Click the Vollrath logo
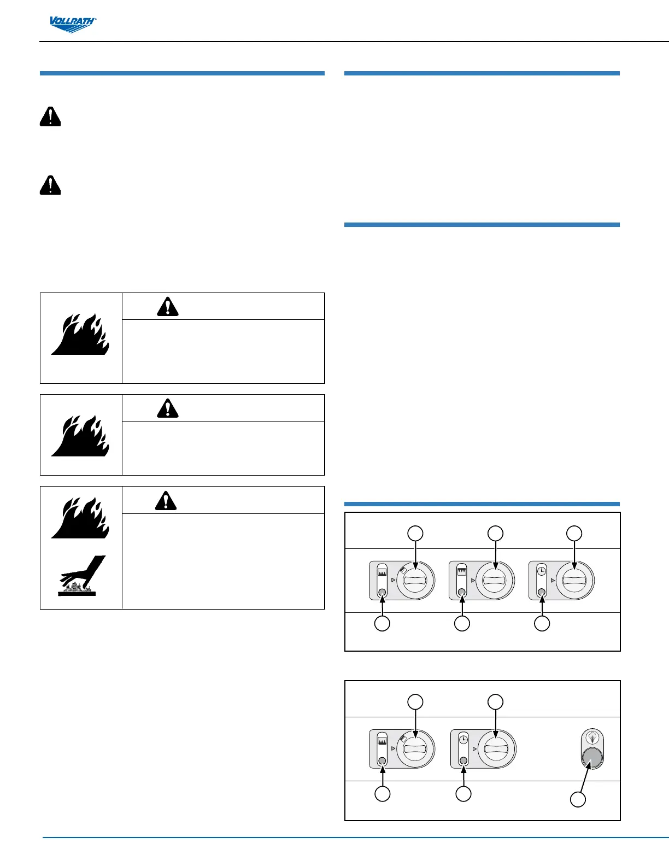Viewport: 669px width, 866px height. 73,24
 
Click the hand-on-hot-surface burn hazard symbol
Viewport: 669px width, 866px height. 81,575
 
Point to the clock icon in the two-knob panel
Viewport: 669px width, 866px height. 463,739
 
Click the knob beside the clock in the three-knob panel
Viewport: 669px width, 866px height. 574,581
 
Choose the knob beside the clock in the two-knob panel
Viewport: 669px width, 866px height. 496,749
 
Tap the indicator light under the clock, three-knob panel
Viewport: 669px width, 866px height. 542,593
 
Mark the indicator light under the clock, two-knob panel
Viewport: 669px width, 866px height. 463,760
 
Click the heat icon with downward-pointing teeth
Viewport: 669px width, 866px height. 462,570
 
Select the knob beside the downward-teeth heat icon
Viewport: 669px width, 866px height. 495,581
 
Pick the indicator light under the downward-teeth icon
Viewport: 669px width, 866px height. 462,593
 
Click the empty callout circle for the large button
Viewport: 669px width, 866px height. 578,799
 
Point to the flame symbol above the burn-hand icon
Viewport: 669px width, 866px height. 81,517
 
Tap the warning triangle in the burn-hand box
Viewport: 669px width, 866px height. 166,500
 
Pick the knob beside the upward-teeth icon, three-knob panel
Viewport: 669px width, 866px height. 415,581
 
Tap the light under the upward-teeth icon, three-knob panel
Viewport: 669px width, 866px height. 382,593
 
